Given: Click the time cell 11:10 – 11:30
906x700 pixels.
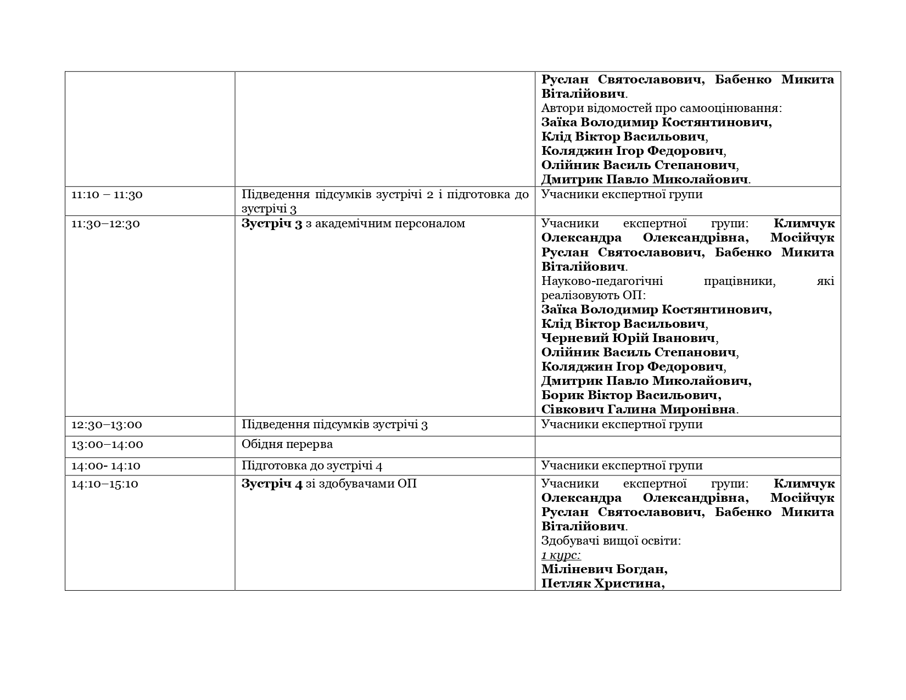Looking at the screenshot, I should pos(107,195).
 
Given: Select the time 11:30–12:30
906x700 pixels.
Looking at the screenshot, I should pos(105,224).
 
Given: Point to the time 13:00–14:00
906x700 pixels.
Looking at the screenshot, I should pos(107,445).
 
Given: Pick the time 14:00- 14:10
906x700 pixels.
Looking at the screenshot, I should pos(106,466).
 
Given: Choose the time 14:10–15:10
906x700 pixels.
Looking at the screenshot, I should pos(105,484).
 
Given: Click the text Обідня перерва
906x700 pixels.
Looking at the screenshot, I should pos(287,444).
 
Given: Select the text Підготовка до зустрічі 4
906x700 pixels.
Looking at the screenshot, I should pos(312,466).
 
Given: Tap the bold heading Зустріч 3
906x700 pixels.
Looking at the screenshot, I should pos(272,224).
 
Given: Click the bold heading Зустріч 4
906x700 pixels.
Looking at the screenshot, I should pos(272,484).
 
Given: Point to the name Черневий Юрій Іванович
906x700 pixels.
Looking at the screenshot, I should pos(628,338).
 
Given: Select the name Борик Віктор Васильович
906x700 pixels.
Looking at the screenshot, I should pos(630,395).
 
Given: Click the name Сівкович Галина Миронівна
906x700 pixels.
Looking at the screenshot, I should pos(638,410).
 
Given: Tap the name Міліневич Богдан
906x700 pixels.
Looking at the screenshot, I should pos(604,569).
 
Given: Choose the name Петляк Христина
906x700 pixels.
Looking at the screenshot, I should pos(602,584).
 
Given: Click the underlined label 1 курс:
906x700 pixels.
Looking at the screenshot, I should pos(561,555).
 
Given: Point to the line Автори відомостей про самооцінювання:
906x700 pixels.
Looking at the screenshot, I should pos(661,108).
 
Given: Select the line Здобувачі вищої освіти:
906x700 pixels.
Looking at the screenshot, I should pos(611,541).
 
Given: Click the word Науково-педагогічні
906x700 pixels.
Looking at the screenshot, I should pos(602,282).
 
